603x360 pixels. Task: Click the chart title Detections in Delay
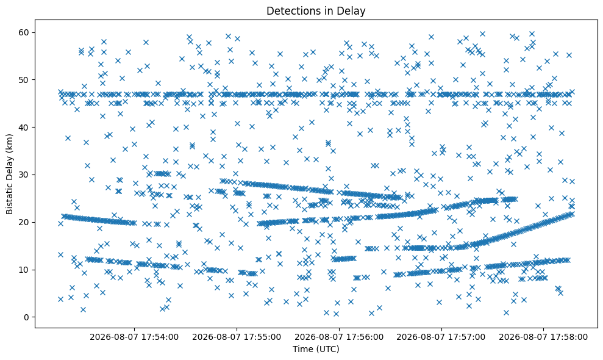point(316,11)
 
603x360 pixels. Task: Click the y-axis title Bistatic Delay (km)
point(9,174)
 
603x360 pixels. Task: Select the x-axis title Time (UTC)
point(316,349)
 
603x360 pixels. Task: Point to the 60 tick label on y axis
point(24,32)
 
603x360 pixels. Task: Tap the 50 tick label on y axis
point(24,80)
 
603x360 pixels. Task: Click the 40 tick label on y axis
point(24,127)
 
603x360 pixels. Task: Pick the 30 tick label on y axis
point(24,175)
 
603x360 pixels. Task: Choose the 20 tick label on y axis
point(24,222)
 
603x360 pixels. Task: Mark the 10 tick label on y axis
point(24,270)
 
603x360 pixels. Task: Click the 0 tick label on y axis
point(26,317)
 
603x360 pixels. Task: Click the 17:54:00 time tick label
point(134,337)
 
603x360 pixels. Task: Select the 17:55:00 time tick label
point(237,337)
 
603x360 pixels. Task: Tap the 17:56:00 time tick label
point(339,337)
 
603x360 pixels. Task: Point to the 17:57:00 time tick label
point(441,337)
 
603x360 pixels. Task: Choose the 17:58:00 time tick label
point(543,337)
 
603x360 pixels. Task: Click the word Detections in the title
point(291,11)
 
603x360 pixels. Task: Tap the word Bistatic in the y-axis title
point(9,199)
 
